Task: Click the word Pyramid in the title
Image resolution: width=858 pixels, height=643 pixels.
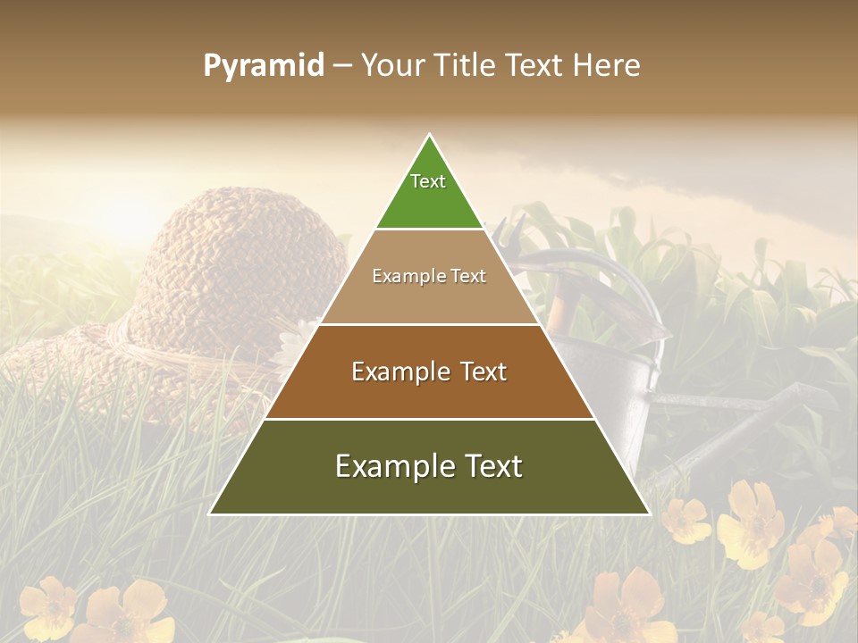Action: pos(263,66)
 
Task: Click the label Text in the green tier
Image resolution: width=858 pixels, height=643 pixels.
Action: pos(428,181)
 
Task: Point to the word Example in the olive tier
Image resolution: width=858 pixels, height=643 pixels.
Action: pos(387,466)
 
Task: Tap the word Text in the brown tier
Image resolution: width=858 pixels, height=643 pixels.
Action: pos(479,372)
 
